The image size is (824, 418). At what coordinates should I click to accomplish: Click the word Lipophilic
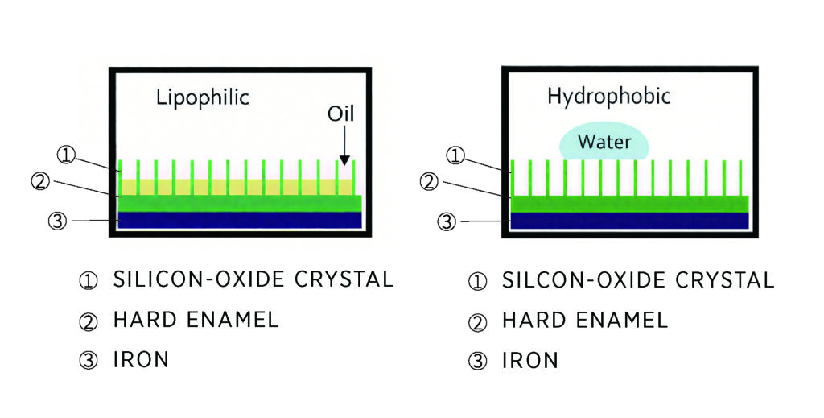(x=202, y=98)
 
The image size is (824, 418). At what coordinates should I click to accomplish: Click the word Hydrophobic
(x=608, y=97)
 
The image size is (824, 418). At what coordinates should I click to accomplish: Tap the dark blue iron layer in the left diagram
(x=239, y=220)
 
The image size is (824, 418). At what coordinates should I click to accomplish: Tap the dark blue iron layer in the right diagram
(x=630, y=220)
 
